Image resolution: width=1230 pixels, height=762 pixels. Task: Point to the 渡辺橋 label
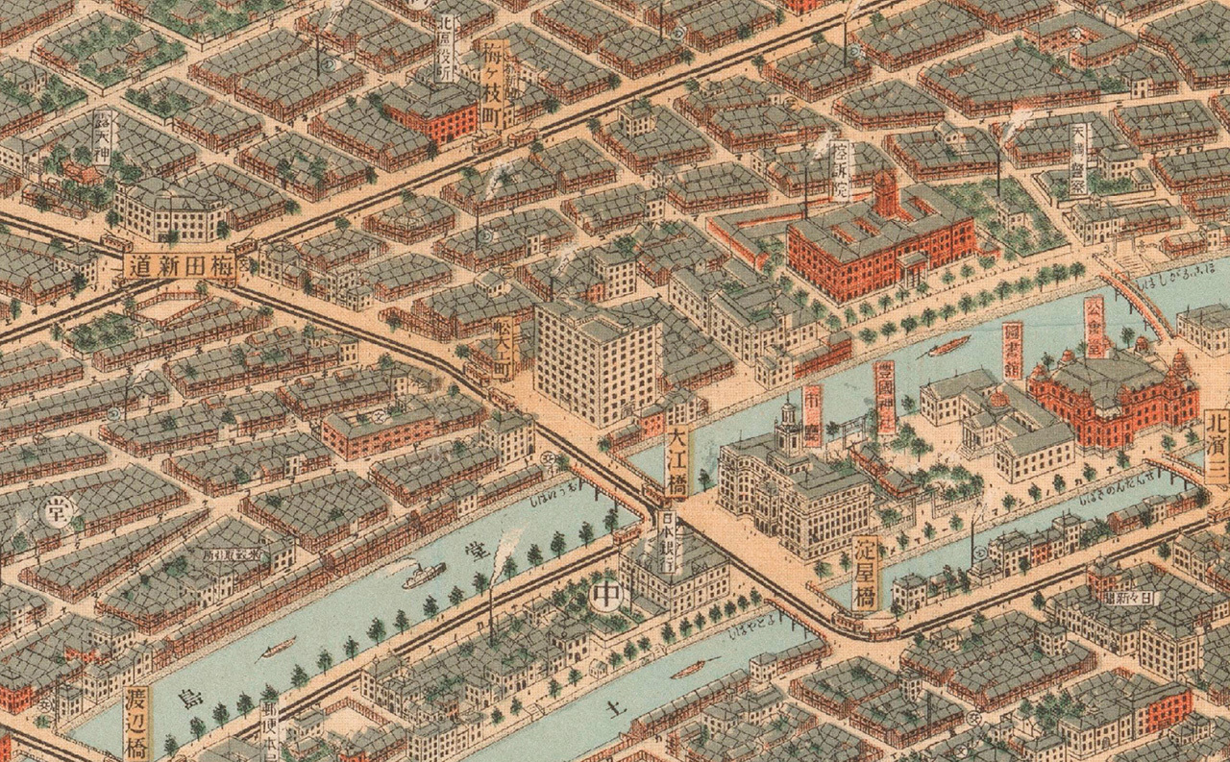[138, 722]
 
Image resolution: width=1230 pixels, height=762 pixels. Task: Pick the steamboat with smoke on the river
[423, 575]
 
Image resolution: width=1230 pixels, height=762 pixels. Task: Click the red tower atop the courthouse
[886, 191]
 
